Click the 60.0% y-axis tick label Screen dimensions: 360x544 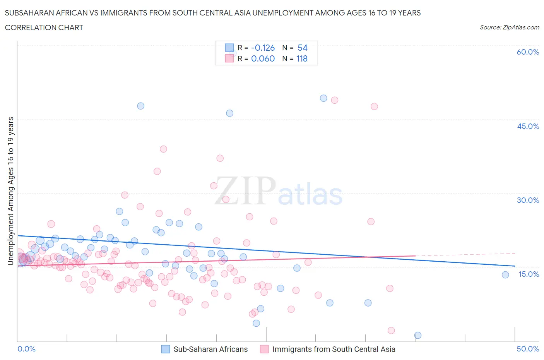tap(528, 52)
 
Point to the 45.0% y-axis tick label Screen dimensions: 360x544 tap(528, 126)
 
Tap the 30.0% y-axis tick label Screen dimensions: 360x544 tap(528, 200)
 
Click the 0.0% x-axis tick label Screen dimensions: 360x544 tap(26, 349)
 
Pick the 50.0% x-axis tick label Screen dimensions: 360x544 tap(528, 349)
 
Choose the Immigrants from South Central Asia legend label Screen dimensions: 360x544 tap(334, 349)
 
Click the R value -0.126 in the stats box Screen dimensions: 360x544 tap(263, 48)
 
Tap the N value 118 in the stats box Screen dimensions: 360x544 tap(302, 58)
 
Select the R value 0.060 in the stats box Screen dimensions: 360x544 tap(263, 58)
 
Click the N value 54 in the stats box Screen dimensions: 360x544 tap(302, 48)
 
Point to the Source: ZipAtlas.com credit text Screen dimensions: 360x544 tap(509, 27)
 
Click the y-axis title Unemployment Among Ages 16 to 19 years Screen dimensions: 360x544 tap(10, 191)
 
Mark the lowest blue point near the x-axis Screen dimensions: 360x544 tap(417, 335)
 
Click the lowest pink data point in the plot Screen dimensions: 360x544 tap(391, 330)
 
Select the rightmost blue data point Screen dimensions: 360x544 tap(505, 275)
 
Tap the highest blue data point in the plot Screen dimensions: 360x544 tap(323, 98)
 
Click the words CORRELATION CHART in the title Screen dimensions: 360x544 tap(44, 27)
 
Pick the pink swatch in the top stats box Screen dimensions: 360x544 tap(229, 58)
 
